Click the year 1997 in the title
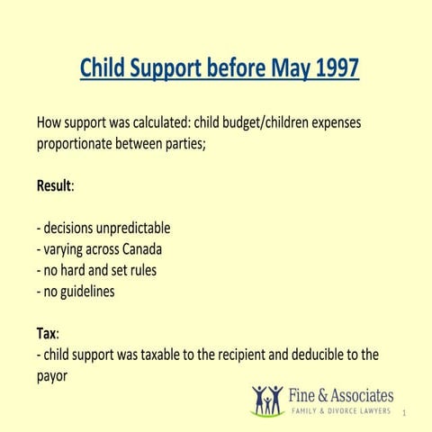[x=334, y=67]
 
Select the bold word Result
[x=54, y=185]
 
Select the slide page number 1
[x=406, y=414]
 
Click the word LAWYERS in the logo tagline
[x=373, y=411]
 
